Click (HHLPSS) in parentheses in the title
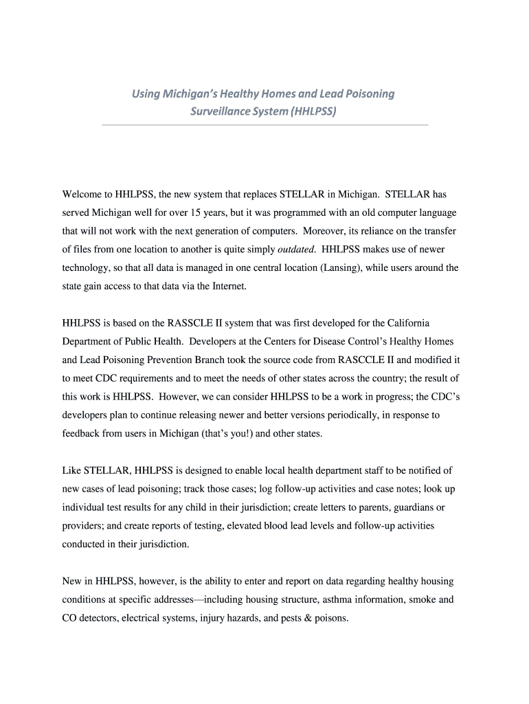click(x=313, y=110)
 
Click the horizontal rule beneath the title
click(x=264, y=125)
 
